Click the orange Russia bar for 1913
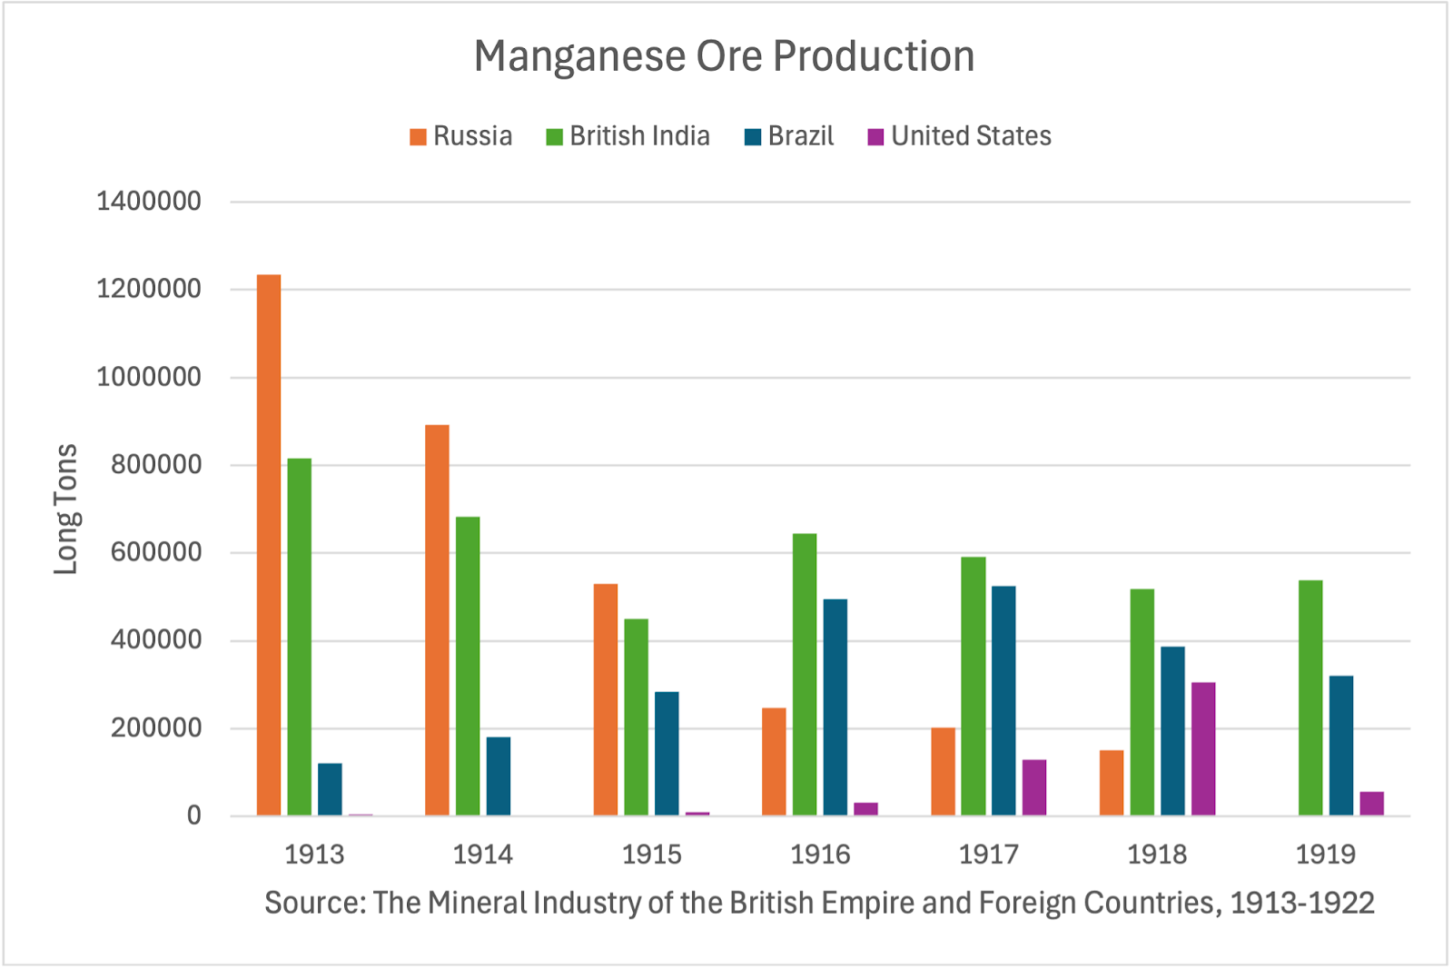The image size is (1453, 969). click(x=269, y=545)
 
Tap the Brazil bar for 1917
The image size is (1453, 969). click(x=1003, y=700)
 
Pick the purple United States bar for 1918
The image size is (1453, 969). click(x=1203, y=748)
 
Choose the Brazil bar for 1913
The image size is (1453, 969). click(x=330, y=789)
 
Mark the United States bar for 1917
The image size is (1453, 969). click(x=1034, y=787)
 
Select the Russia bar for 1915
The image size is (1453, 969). click(x=606, y=699)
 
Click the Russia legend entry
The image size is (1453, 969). click(x=461, y=136)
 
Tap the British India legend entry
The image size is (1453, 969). click(x=628, y=136)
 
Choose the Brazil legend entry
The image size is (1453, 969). click(x=789, y=136)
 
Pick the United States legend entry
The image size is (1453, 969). click(x=960, y=136)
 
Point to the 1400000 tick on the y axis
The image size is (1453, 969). click(x=149, y=201)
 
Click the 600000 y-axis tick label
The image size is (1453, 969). click(x=156, y=552)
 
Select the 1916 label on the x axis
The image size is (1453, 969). click(x=820, y=855)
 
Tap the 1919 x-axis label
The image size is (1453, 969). click(x=1325, y=855)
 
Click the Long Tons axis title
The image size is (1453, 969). click(x=65, y=509)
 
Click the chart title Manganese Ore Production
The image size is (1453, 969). click(x=724, y=56)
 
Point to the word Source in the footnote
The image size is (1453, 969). click(x=314, y=903)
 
